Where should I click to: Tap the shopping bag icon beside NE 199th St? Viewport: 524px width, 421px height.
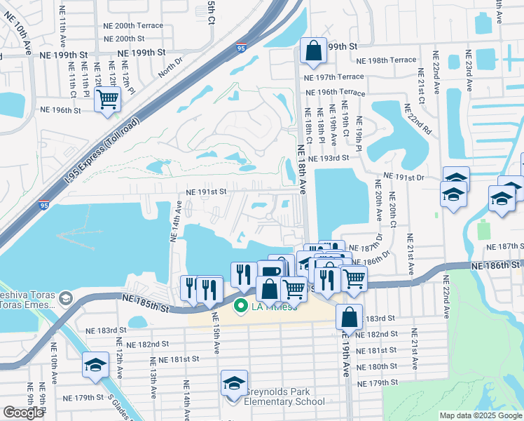click(313, 50)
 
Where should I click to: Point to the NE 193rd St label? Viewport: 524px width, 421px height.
click(328, 158)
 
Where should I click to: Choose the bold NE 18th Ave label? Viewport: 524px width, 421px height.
click(302, 169)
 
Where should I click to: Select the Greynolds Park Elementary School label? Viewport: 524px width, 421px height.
click(284, 397)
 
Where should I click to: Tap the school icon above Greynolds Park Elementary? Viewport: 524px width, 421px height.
click(235, 382)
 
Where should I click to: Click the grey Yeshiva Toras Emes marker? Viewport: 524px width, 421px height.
click(65, 299)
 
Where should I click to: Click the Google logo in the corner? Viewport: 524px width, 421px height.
click(23, 413)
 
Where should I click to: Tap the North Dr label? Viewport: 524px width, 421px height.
click(169, 69)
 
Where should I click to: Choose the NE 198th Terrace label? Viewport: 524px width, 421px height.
click(386, 60)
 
